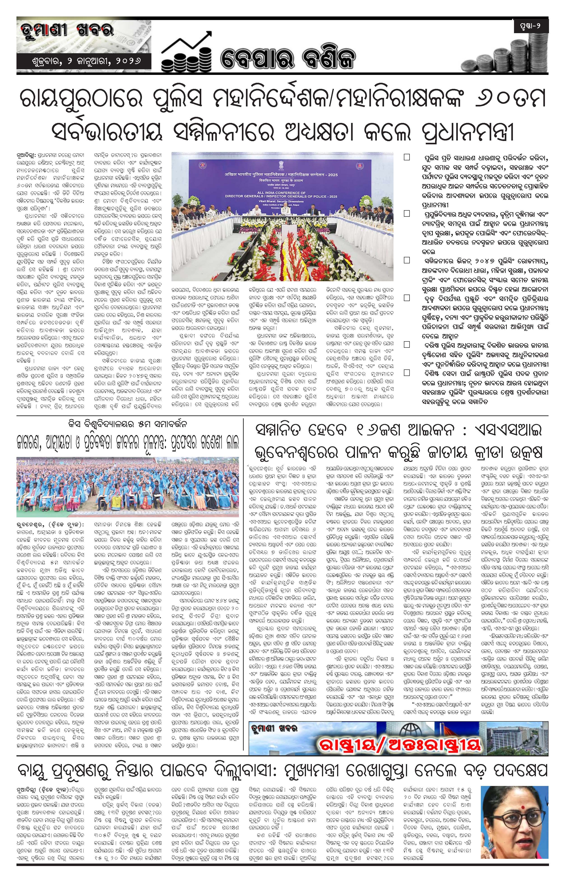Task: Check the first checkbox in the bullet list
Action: tap(407, 157)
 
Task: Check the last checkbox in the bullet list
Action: tap(407, 373)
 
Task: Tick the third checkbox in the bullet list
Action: tap(407, 260)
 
